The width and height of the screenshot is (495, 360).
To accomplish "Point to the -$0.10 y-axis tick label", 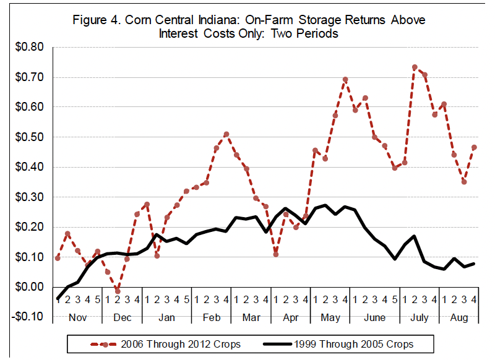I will point(28,317).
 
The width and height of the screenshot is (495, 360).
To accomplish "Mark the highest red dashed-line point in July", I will point(415,67).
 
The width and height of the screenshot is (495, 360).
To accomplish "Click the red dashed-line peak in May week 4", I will point(345,80).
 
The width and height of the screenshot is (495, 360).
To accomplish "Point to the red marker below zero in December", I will point(117,291).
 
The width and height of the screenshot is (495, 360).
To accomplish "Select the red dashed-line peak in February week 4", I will point(226,134).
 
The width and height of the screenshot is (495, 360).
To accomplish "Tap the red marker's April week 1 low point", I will point(275,254).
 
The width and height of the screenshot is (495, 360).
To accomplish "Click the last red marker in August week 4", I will point(474,147).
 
